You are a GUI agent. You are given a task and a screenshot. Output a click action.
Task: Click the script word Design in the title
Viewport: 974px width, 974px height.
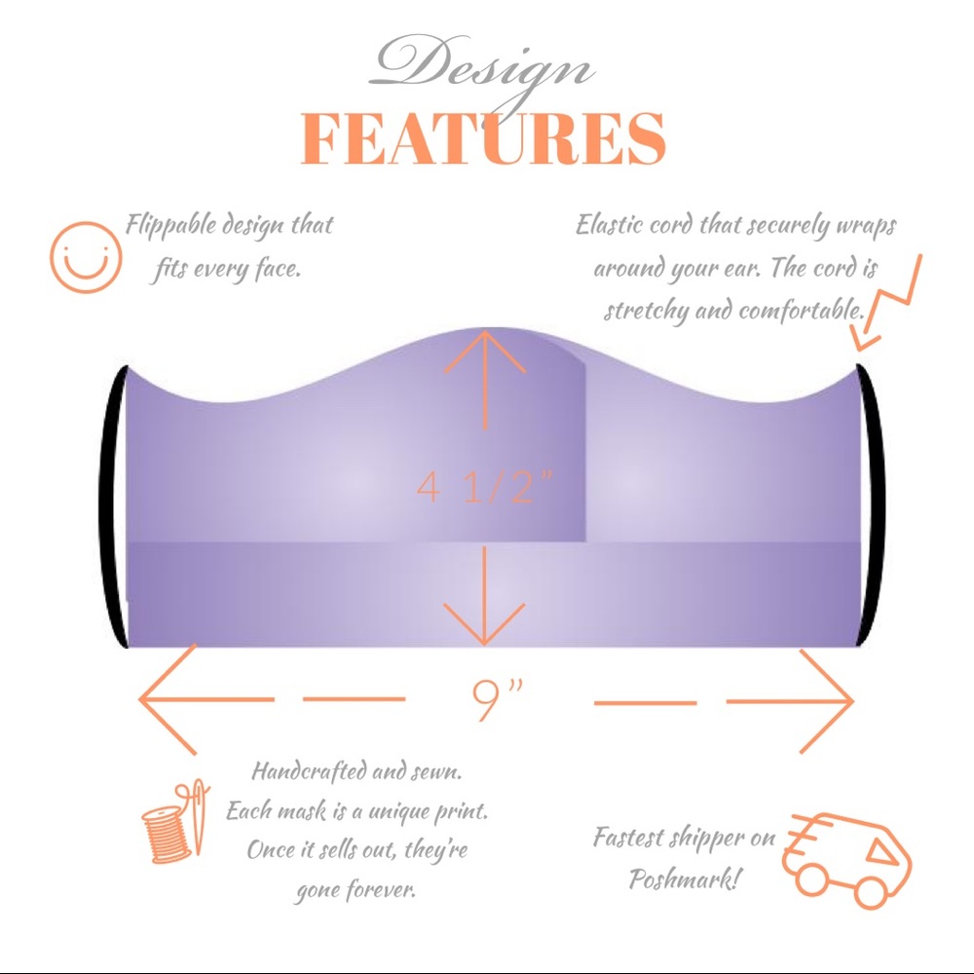(481, 71)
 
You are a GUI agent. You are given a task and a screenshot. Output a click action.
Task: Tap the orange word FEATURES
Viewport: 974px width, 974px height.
(483, 138)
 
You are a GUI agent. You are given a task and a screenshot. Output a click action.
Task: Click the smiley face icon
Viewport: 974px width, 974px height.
(86, 257)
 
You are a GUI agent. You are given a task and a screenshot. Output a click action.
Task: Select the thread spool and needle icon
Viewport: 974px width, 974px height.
(175, 822)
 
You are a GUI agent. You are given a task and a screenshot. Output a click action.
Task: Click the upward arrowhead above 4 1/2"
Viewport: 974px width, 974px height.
(484, 352)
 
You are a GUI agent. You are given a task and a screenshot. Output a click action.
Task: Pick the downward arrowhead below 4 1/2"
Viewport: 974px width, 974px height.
(484, 623)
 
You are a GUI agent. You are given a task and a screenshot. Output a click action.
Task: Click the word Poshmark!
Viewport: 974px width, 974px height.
(685, 879)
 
